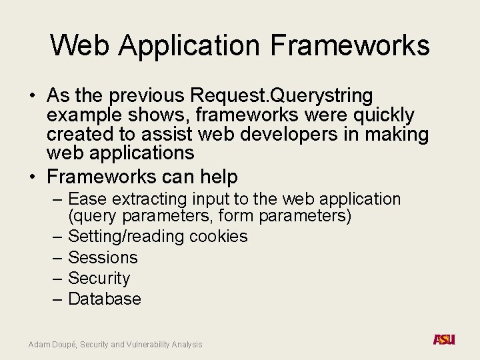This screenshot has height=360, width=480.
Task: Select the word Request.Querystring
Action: [x=281, y=96]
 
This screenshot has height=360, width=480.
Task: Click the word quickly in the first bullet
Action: [x=380, y=115]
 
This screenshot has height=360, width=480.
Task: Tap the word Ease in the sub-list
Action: [x=89, y=199]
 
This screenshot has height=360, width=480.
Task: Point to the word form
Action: [x=236, y=216]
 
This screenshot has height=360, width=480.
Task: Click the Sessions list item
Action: [x=103, y=257]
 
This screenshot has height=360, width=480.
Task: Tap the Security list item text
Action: [x=99, y=278]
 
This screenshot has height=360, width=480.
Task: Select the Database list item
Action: [x=105, y=299]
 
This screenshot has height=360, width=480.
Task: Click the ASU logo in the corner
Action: [x=443, y=339]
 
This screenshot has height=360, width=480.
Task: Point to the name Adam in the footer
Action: [x=39, y=344]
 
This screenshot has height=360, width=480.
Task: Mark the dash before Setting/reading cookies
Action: [x=57, y=237]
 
